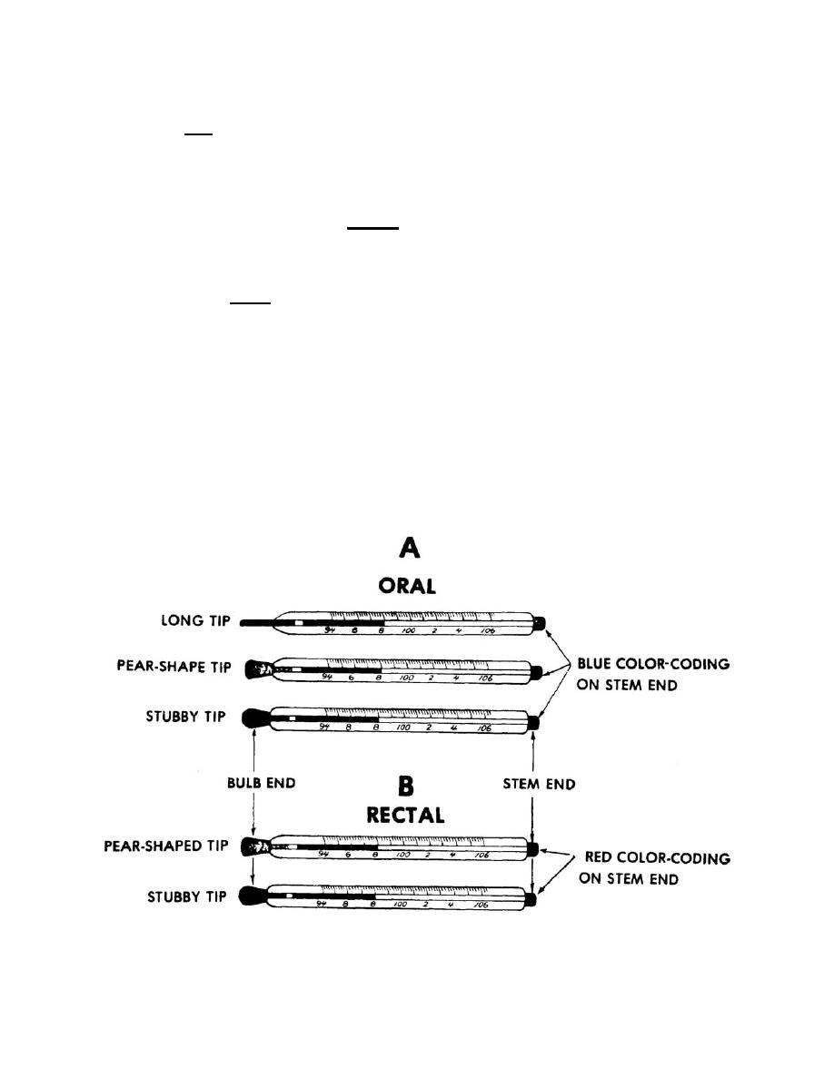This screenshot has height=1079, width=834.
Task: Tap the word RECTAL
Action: (405, 815)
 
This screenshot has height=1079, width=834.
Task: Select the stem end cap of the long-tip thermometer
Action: (539, 623)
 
